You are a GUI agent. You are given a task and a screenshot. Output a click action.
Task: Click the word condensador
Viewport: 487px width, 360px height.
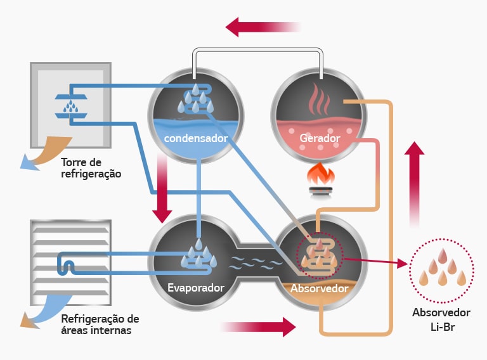tap(195, 138)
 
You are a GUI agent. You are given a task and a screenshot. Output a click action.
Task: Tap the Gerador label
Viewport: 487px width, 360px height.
tap(320, 138)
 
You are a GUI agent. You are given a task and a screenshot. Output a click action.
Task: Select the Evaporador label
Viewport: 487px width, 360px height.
tap(195, 288)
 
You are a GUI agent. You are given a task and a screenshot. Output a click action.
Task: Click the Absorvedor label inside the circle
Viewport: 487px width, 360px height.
tap(320, 289)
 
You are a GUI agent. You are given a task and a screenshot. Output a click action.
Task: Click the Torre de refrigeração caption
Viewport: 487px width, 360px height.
tap(91, 167)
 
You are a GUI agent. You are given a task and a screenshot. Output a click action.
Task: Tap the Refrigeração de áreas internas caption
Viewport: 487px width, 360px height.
tap(100, 324)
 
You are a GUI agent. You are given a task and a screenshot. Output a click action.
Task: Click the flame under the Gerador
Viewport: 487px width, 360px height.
tap(320, 174)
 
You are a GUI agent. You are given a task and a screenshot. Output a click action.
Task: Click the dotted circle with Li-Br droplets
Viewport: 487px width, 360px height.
tap(441, 270)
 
